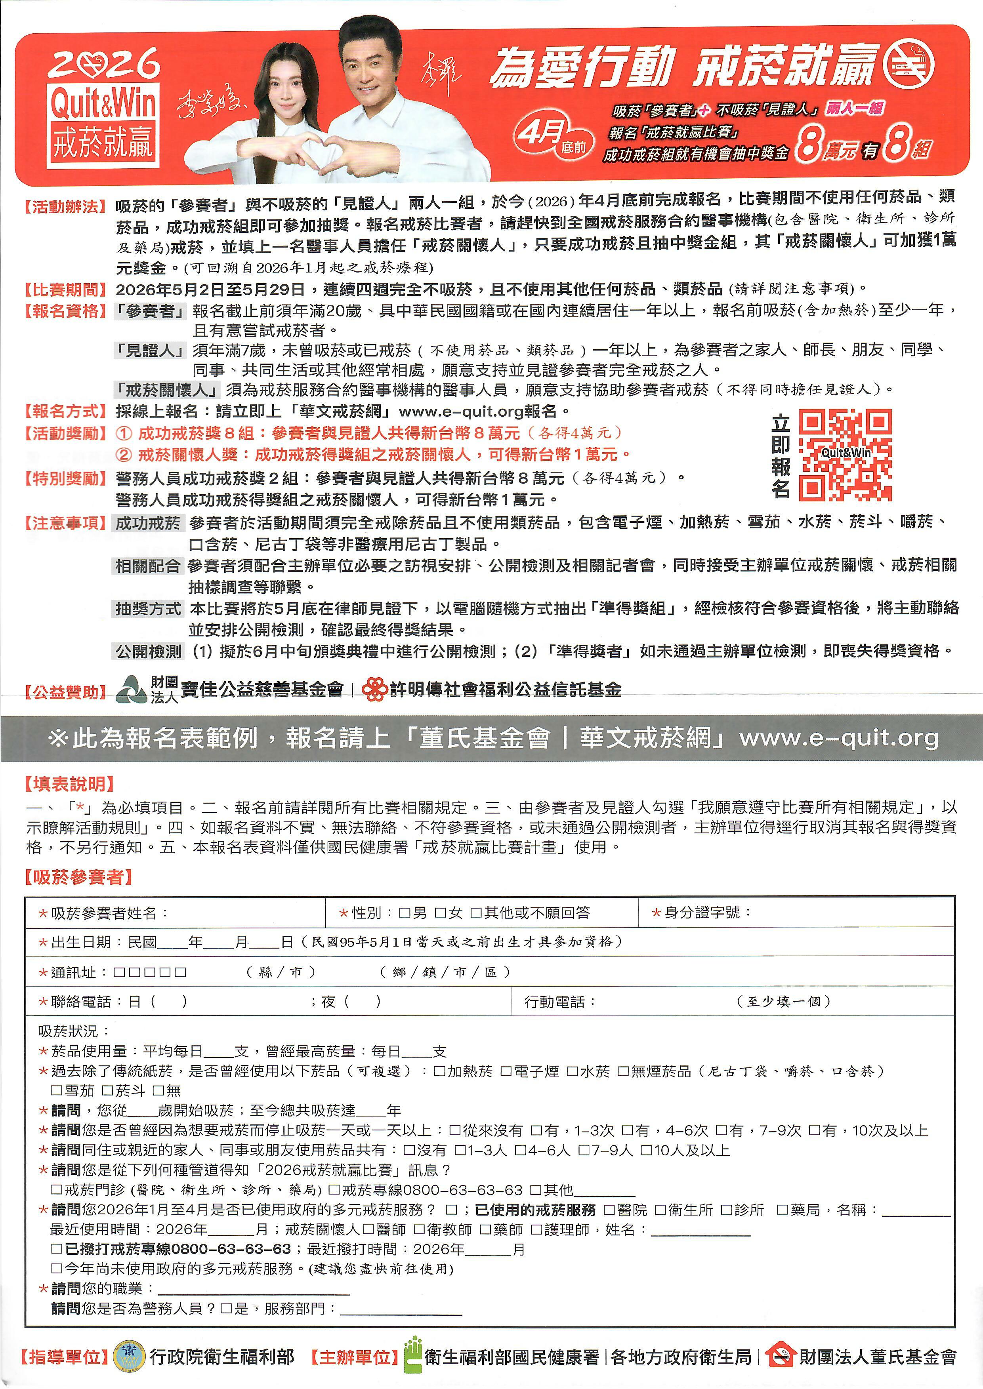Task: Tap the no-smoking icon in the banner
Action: click(x=909, y=65)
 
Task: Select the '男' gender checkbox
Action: click(x=405, y=913)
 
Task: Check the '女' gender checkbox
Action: click(x=440, y=913)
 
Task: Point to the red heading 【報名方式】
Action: click(x=65, y=412)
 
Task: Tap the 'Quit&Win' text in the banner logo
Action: click(x=103, y=104)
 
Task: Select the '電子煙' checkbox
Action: click(x=506, y=1071)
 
